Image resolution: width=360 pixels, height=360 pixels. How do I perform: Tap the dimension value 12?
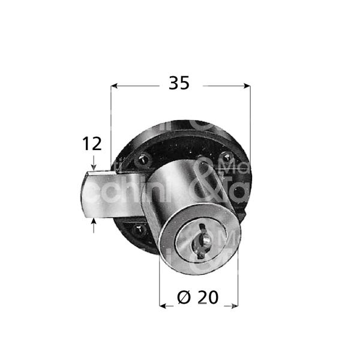(x=92, y=144)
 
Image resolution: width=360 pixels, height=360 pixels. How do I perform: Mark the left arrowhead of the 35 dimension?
(x=116, y=86)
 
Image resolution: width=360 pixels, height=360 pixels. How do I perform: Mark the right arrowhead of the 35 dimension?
(x=245, y=86)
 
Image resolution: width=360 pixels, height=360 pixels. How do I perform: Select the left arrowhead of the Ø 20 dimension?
(x=163, y=306)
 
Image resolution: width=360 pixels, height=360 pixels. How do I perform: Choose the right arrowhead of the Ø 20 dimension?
(x=235, y=306)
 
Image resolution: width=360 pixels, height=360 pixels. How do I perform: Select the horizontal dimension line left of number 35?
(x=138, y=86)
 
